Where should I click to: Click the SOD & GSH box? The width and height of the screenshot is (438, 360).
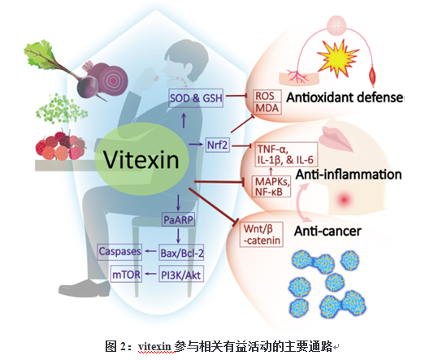pyautogui.click(x=196, y=98)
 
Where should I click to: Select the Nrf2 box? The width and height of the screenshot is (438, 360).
pyautogui.click(x=218, y=145)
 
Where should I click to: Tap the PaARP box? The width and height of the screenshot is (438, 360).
pyautogui.click(x=178, y=219)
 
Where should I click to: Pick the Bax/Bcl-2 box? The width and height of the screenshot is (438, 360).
pyautogui.click(x=181, y=253)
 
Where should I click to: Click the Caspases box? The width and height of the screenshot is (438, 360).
pyautogui.click(x=119, y=251)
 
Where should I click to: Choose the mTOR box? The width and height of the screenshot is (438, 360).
pyautogui.click(x=126, y=274)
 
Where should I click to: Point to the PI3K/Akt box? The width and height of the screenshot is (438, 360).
pyautogui.click(x=181, y=274)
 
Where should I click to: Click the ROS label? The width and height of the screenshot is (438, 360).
pyautogui.click(x=265, y=96)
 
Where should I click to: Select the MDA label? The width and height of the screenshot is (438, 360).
pyautogui.click(x=267, y=108)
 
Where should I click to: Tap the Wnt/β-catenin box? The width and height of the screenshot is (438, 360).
pyautogui.click(x=262, y=235)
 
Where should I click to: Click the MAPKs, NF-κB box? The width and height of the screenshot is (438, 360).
pyautogui.click(x=271, y=186)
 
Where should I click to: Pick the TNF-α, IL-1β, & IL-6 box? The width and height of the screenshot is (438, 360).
pyautogui.click(x=285, y=154)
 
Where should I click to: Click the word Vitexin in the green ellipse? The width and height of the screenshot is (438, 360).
pyautogui.click(x=141, y=159)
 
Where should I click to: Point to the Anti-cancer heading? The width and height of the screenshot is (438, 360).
pyautogui.click(x=327, y=232)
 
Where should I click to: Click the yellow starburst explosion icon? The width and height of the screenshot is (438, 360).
pyautogui.click(x=337, y=58)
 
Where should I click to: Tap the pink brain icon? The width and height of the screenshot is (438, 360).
pyautogui.click(x=336, y=25)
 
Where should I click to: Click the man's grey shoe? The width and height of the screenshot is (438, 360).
pyautogui.click(x=85, y=288)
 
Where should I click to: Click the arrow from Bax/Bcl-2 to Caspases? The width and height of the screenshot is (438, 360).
pyautogui.click(x=150, y=251)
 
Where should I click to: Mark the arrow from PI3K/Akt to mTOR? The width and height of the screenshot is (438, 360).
pyautogui.click(x=150, y=274)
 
